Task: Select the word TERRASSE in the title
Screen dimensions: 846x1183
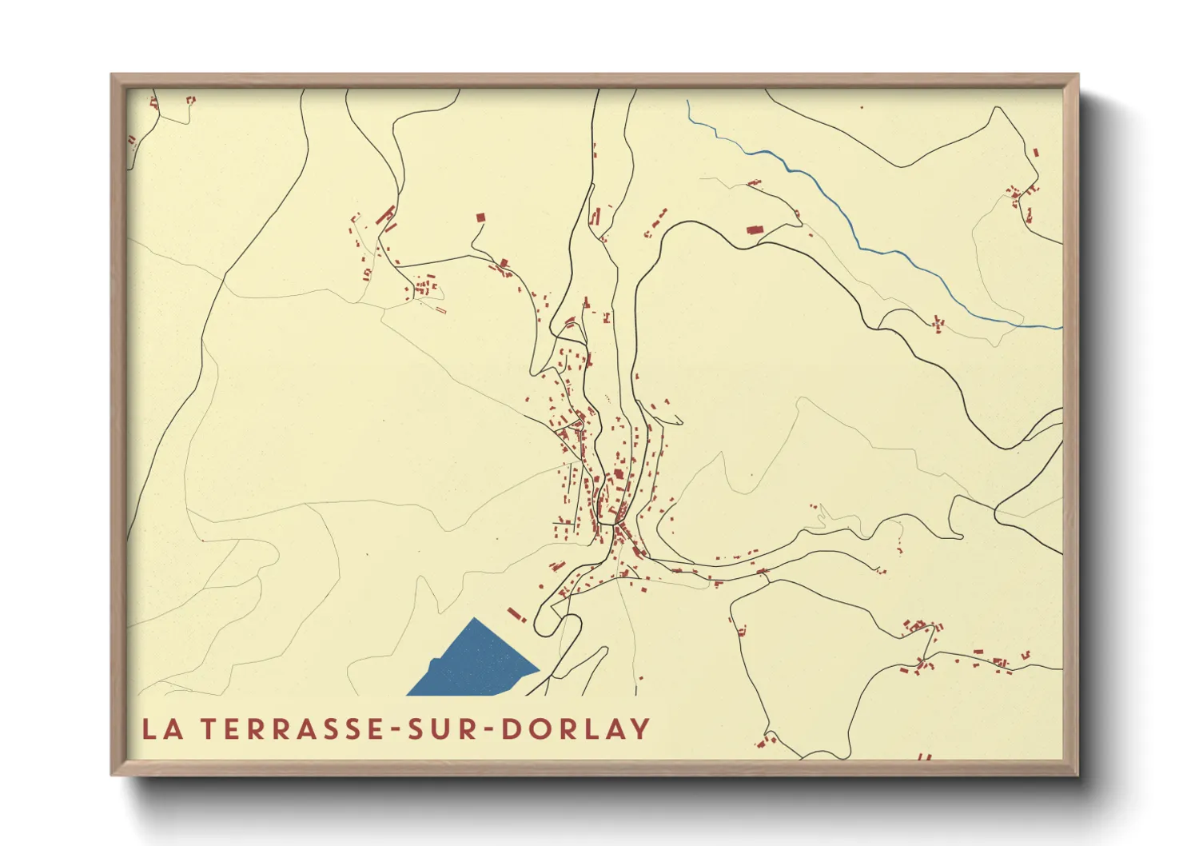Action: click(x=293, y=729)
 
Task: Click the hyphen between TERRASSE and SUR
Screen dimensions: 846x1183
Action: click(x=396, y=730)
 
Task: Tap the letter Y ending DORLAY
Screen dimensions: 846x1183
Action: click(x=639, y=729)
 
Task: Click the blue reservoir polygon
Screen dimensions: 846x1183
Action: click(x=476, y=664)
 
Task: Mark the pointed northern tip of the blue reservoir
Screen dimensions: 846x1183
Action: click(x=476, y=619)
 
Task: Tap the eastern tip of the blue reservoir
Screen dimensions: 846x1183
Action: click(x=539, y=669)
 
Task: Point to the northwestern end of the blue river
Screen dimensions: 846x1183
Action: click(x=687, y=101)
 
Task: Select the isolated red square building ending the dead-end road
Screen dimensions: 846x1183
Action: click(x=480, y=217)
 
